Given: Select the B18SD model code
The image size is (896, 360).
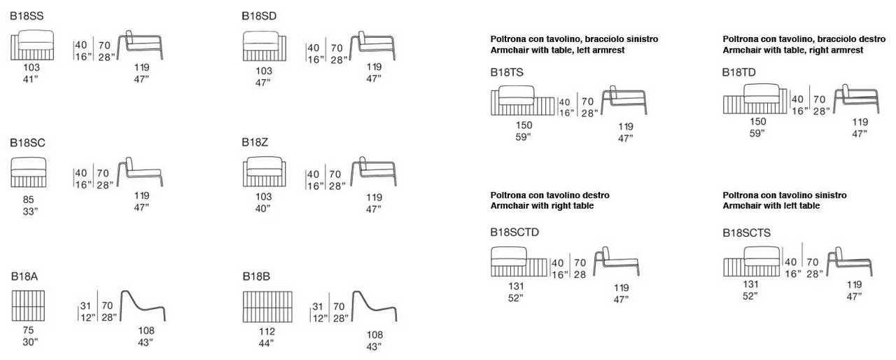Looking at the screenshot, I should click(260, 15).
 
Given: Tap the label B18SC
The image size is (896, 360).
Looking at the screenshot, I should click(27, 142).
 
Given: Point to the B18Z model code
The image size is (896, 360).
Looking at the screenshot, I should click(255, 142).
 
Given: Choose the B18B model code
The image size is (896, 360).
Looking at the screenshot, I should click(256, 276).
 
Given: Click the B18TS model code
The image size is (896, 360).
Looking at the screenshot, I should click(507, 72).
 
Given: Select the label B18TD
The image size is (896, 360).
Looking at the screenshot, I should click(739, 72).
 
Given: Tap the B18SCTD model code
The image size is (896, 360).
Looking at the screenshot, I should click(514, 232).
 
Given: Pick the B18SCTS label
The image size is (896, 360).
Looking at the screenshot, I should click(747, 232).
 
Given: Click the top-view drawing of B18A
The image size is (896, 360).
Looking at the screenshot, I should click(29, 305).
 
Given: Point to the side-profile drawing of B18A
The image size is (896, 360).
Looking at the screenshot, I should click(143, 306).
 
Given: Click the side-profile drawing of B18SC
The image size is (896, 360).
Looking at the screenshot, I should click(139, 172).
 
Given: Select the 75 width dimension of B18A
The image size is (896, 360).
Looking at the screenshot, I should click(29, 331).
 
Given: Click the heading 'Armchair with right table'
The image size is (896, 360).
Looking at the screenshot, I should click(542, 206).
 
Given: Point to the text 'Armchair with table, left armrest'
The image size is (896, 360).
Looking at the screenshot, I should click(557, 50).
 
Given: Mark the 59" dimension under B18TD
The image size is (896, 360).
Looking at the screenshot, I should click(757, 133).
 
